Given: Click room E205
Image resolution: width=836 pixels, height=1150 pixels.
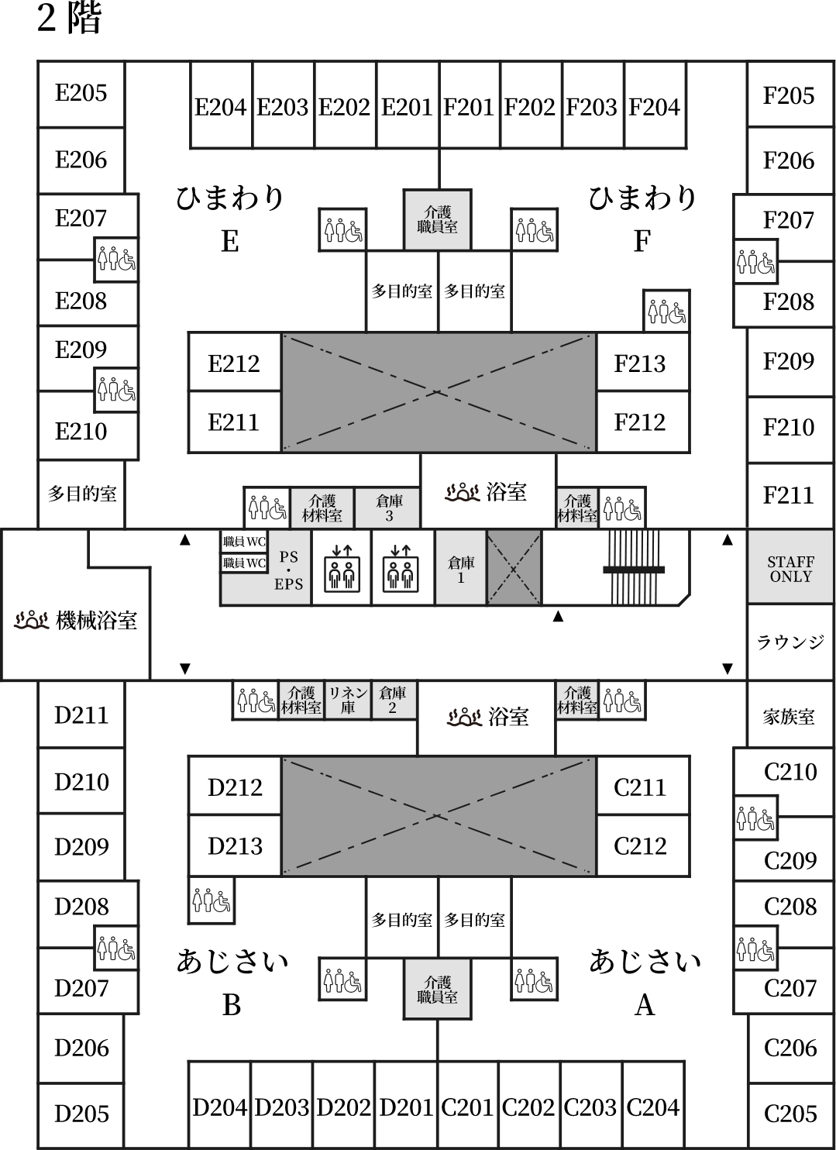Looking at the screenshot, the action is (81, 94).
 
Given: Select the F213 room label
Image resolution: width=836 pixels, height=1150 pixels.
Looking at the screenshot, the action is (639, 364).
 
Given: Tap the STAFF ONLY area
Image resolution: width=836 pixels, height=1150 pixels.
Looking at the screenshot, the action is (790, 566).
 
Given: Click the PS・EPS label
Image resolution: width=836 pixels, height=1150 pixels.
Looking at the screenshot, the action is (288, 570).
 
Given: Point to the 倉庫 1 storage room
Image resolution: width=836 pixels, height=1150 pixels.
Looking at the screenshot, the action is (460, 568).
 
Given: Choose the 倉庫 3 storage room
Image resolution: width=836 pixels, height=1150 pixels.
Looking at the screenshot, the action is (387, 508).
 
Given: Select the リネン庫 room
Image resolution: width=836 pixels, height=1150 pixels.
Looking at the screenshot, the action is (348, 700).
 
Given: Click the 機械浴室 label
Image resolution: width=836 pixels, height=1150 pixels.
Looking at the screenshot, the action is (97, 621).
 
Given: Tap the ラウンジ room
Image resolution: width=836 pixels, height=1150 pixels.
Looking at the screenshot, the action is (790, 642).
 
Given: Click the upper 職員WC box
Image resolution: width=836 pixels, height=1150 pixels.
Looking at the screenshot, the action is (244, 542).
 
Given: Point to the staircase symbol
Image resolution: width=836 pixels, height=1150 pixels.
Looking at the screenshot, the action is (634, 567).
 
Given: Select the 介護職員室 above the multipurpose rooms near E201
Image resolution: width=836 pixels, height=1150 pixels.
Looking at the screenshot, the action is (437, 220).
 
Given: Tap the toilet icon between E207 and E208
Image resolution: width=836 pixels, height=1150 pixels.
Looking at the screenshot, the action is (116, 260).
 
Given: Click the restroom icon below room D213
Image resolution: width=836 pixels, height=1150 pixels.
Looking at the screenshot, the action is (212, 900).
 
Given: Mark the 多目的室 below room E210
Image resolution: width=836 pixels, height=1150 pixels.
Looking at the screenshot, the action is (81, 494).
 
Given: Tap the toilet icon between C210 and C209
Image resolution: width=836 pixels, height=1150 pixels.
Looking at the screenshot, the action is (755, 818).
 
